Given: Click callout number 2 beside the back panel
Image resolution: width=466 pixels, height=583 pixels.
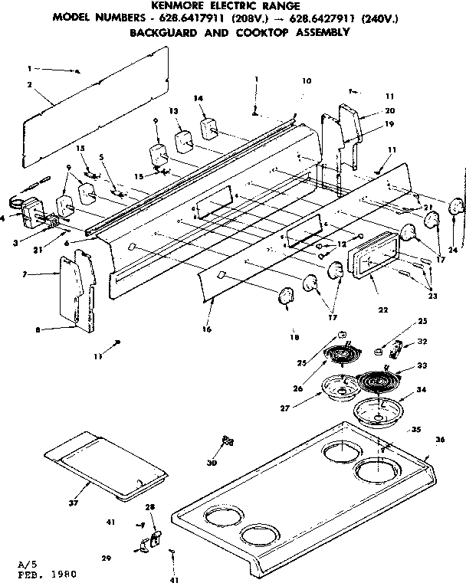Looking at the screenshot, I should point(28,86).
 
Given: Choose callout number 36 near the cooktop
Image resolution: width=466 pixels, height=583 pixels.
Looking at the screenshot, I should point(439,440).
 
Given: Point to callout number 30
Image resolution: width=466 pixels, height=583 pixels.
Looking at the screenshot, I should point(212,463).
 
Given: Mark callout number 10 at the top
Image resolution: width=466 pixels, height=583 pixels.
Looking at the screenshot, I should point(307,80).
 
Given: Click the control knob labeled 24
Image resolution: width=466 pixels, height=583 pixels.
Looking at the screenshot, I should point(457,207).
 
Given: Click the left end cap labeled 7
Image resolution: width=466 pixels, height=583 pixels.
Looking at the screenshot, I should point(74,290).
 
